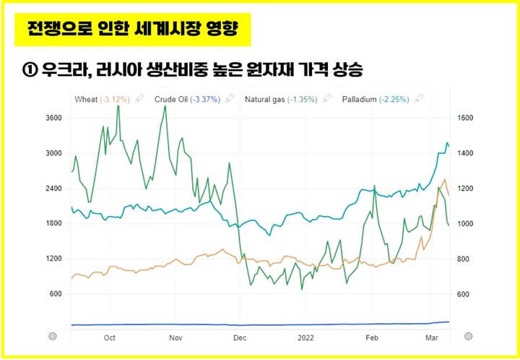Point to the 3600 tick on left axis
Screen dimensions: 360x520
53,119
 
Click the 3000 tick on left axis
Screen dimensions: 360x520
53,153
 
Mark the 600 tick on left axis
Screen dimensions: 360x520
56,294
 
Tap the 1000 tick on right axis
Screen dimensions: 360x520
467,224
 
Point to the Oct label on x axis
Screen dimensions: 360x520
110,337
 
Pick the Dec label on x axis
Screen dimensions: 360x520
240,337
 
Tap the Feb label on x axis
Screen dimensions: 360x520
373,337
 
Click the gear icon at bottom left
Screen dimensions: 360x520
52,336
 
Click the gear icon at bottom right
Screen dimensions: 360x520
469,336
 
